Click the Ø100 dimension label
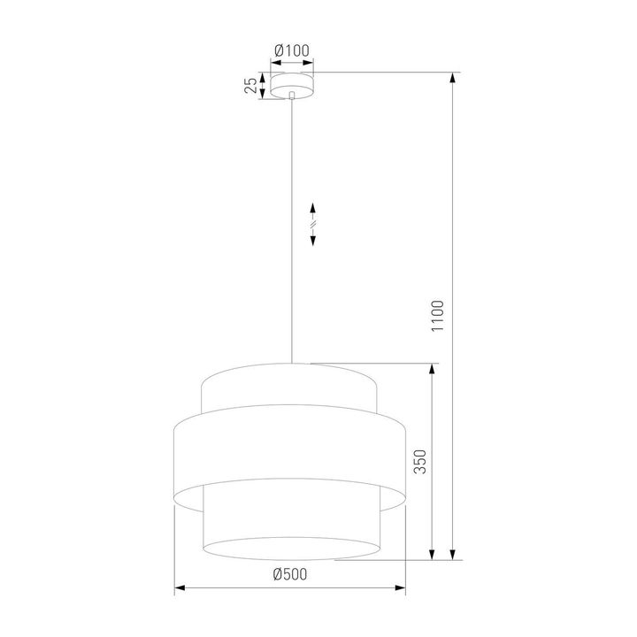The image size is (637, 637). click(x=292, y=50)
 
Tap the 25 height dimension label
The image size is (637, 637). click(x=251, y=85)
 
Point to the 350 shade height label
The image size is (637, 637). click(x=420, y=461)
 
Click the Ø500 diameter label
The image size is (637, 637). click(x=290, y=574)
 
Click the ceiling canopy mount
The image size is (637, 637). click(x=292, y=86)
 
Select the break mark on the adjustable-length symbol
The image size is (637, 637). click(x=313, y=226)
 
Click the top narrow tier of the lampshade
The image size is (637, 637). click(x=291, y=388)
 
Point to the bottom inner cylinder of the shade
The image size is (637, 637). click(x=291, y=522)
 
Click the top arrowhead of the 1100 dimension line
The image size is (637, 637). click(x=454, y=78)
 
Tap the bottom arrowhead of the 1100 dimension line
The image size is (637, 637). click(x=454, y=554)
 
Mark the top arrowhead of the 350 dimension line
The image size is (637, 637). click(x=432, y=369)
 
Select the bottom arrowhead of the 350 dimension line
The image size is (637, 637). click(x=432, y=553)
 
